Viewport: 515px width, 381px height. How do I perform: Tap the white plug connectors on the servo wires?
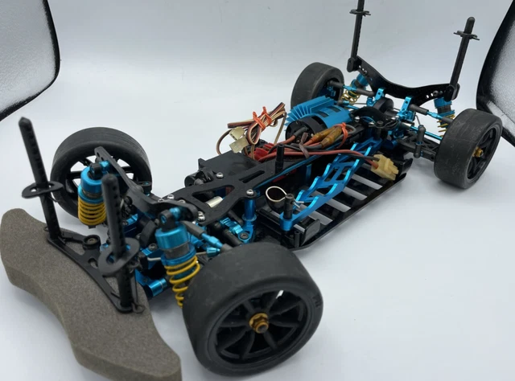click(239, 142)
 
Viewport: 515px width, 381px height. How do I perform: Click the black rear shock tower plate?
click(402, 80)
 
